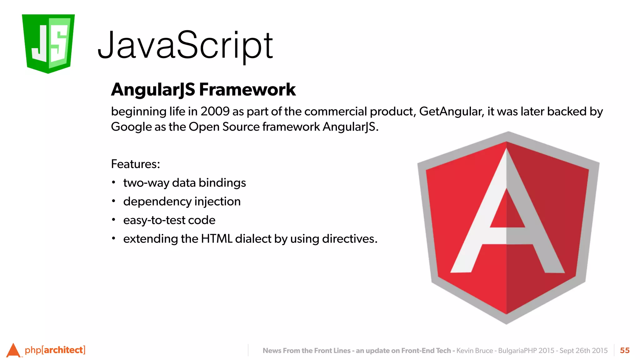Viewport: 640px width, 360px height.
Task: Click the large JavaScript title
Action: [185, 46]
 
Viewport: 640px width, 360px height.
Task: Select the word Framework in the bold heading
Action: [247, 90]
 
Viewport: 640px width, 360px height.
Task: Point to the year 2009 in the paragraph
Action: [215, 112]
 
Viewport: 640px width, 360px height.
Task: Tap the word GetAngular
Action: [451, 112]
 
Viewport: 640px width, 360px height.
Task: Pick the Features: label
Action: [135, 164]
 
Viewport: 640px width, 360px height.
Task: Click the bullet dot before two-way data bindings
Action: [114, 182]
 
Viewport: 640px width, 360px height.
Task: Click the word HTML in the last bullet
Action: [217, 239]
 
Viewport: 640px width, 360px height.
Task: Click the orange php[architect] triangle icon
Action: [13, 350]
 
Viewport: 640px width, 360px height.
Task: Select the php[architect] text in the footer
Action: [55, 350]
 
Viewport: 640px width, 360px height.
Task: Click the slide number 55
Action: [625, 350]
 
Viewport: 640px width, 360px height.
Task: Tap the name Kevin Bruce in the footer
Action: [475, 351]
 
